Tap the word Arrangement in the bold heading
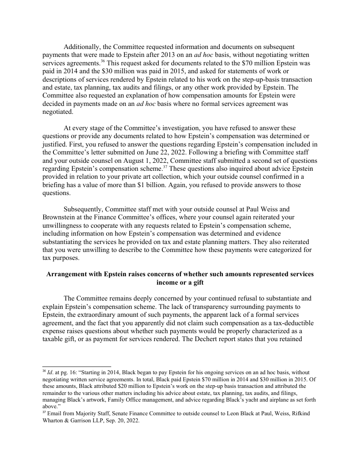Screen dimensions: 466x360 [x=67, y=274]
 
